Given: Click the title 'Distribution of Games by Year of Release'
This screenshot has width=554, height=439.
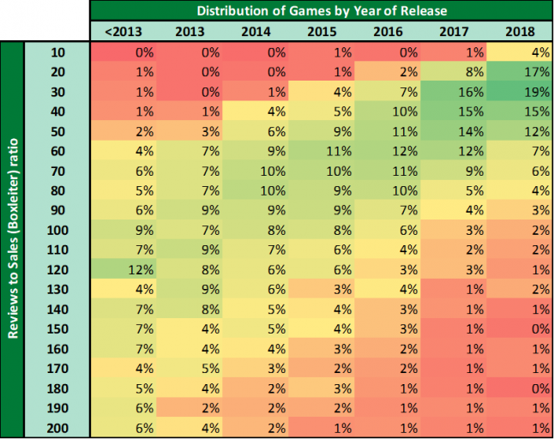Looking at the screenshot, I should point(322,11).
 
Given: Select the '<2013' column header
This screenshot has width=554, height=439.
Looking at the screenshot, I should point(123,33).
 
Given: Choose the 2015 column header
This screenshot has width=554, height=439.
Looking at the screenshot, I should point(321,33).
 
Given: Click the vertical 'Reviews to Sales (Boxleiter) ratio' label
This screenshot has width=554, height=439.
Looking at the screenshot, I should point(14,241).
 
